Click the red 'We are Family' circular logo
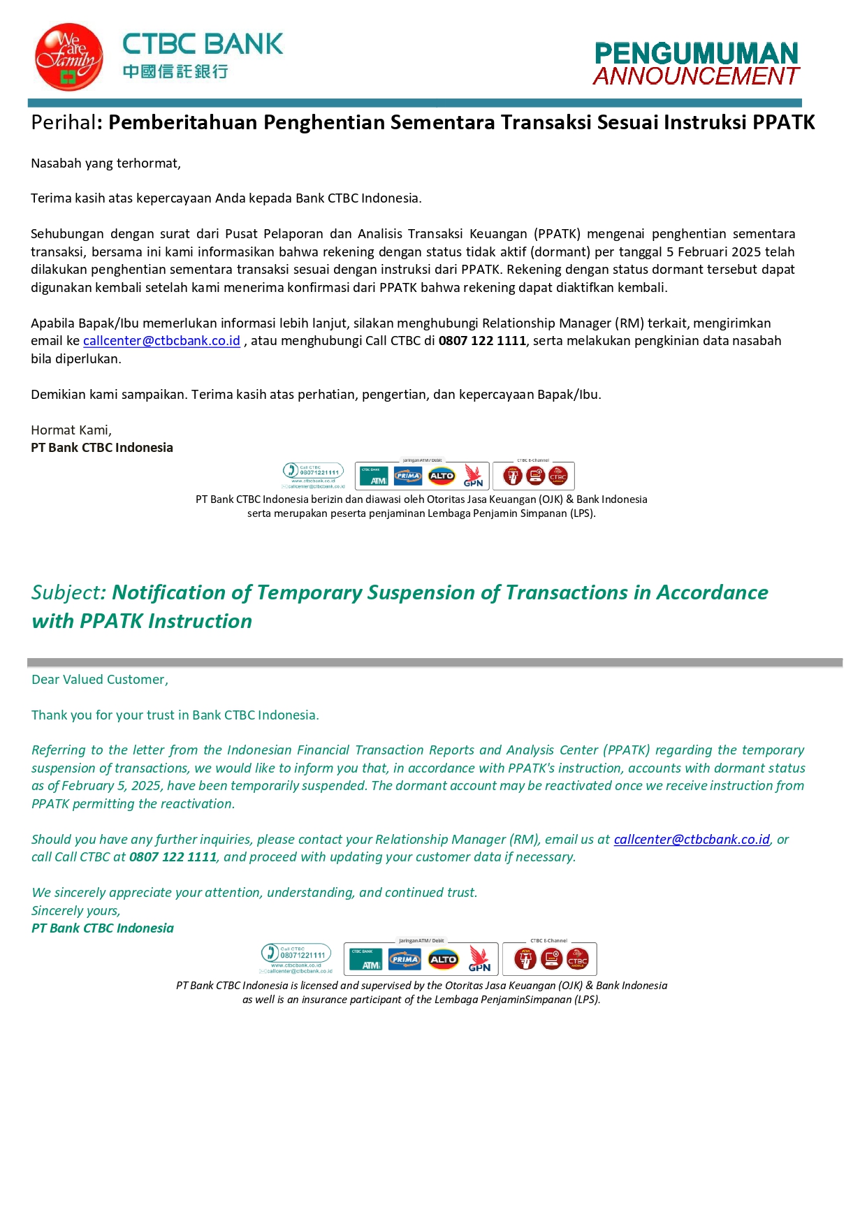click(68, 57)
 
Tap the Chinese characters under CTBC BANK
click(175, 71)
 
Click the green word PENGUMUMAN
click(696, 54)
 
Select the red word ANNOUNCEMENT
click(696, 76)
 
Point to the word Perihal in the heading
click(63, 123)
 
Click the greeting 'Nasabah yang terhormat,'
click(105, 163)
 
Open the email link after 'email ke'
click(161, 341)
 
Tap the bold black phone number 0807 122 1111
click(482, 341)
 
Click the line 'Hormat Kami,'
click(71, 430)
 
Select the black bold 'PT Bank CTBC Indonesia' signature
click(102, 448)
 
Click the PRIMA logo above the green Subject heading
click(408, 476)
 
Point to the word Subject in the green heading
click(67, 593)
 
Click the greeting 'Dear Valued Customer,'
click(100, 680)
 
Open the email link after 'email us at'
click(692, 840)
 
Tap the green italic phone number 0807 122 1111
click(173, 857)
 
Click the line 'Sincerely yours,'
click(75, 911)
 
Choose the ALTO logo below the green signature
click(443, 960)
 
